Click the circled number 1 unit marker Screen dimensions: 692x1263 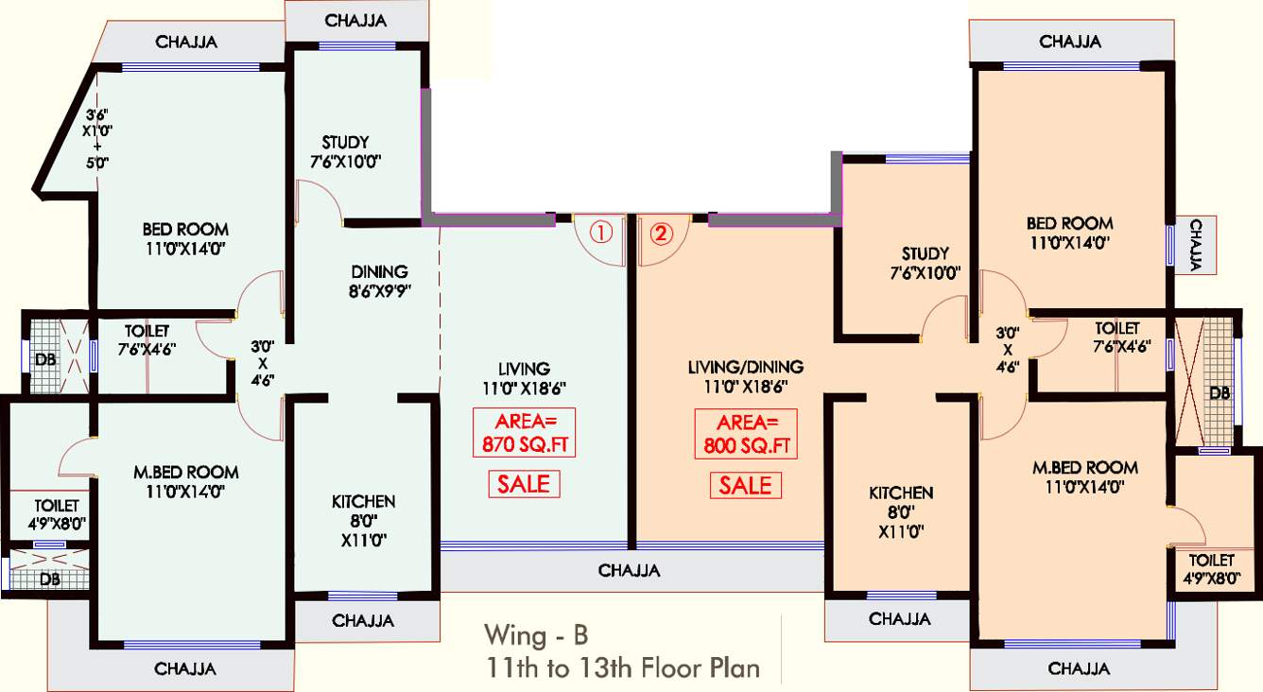[x=602, y=232]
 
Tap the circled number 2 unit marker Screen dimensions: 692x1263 [x=662, y=232]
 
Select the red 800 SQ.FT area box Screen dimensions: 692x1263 [x=746, y=434]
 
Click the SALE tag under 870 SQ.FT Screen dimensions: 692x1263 [x=524, y=484]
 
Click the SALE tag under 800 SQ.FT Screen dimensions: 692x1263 [x=746, y=485]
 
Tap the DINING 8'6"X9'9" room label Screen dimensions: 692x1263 [x=379, y=280]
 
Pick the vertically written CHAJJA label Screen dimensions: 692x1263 [x=1196, y=245]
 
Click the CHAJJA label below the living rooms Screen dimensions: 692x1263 [x=629, y=571]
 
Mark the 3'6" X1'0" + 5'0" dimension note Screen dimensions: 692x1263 [x=96, y=138]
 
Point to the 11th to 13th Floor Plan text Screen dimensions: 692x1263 [x=621, y=667]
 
